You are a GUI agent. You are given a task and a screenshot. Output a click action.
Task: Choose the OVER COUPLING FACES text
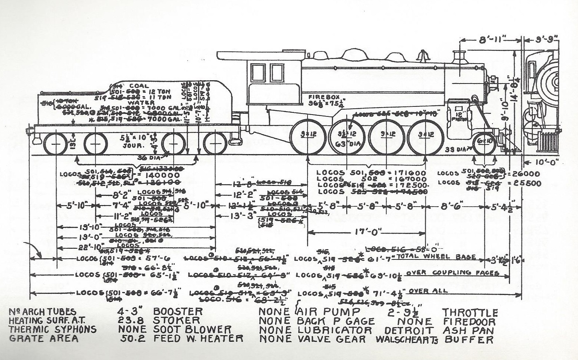coord(453,273)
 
